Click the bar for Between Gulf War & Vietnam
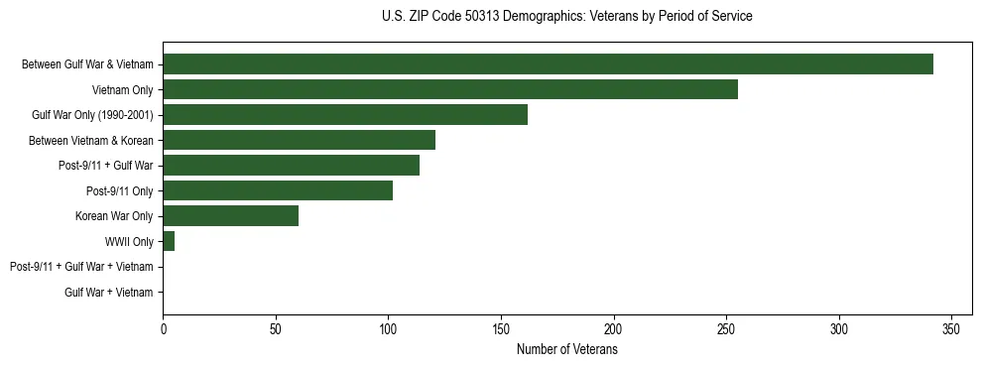[548, 64]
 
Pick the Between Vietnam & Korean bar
[299, 140]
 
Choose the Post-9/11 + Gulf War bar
[291, 166]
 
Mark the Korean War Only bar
[230, 216]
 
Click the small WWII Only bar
[169, 241]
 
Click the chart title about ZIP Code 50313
[566, 17]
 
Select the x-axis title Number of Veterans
[566, 350]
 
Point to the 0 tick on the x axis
[163, 328]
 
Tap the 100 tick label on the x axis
[388, 328]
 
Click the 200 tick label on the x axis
[614, 328]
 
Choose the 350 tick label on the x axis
[952, 328]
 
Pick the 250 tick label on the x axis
[727, 328]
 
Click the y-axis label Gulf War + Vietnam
[109, 293]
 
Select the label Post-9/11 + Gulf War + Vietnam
[81, 267]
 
